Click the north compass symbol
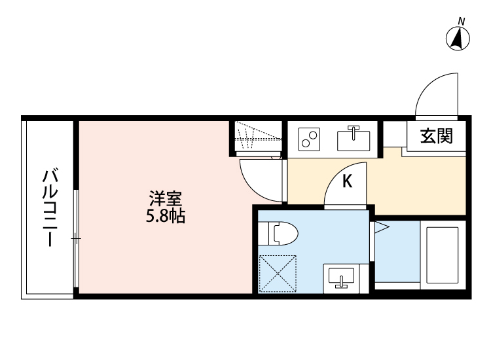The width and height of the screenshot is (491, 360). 459,40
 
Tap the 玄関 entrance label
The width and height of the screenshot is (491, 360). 437,136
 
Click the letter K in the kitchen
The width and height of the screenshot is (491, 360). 348,181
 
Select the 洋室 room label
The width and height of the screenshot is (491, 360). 165,198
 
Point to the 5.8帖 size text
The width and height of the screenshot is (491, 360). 165,215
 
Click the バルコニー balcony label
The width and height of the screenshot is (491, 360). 50,207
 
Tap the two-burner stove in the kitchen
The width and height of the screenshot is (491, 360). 309,139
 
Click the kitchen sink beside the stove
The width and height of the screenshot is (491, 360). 354,139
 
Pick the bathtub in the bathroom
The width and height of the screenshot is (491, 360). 443,253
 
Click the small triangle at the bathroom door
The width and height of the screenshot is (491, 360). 381,228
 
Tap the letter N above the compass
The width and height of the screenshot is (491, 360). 462,22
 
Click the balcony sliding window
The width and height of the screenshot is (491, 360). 76,240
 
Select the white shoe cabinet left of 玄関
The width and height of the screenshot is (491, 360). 395,135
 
